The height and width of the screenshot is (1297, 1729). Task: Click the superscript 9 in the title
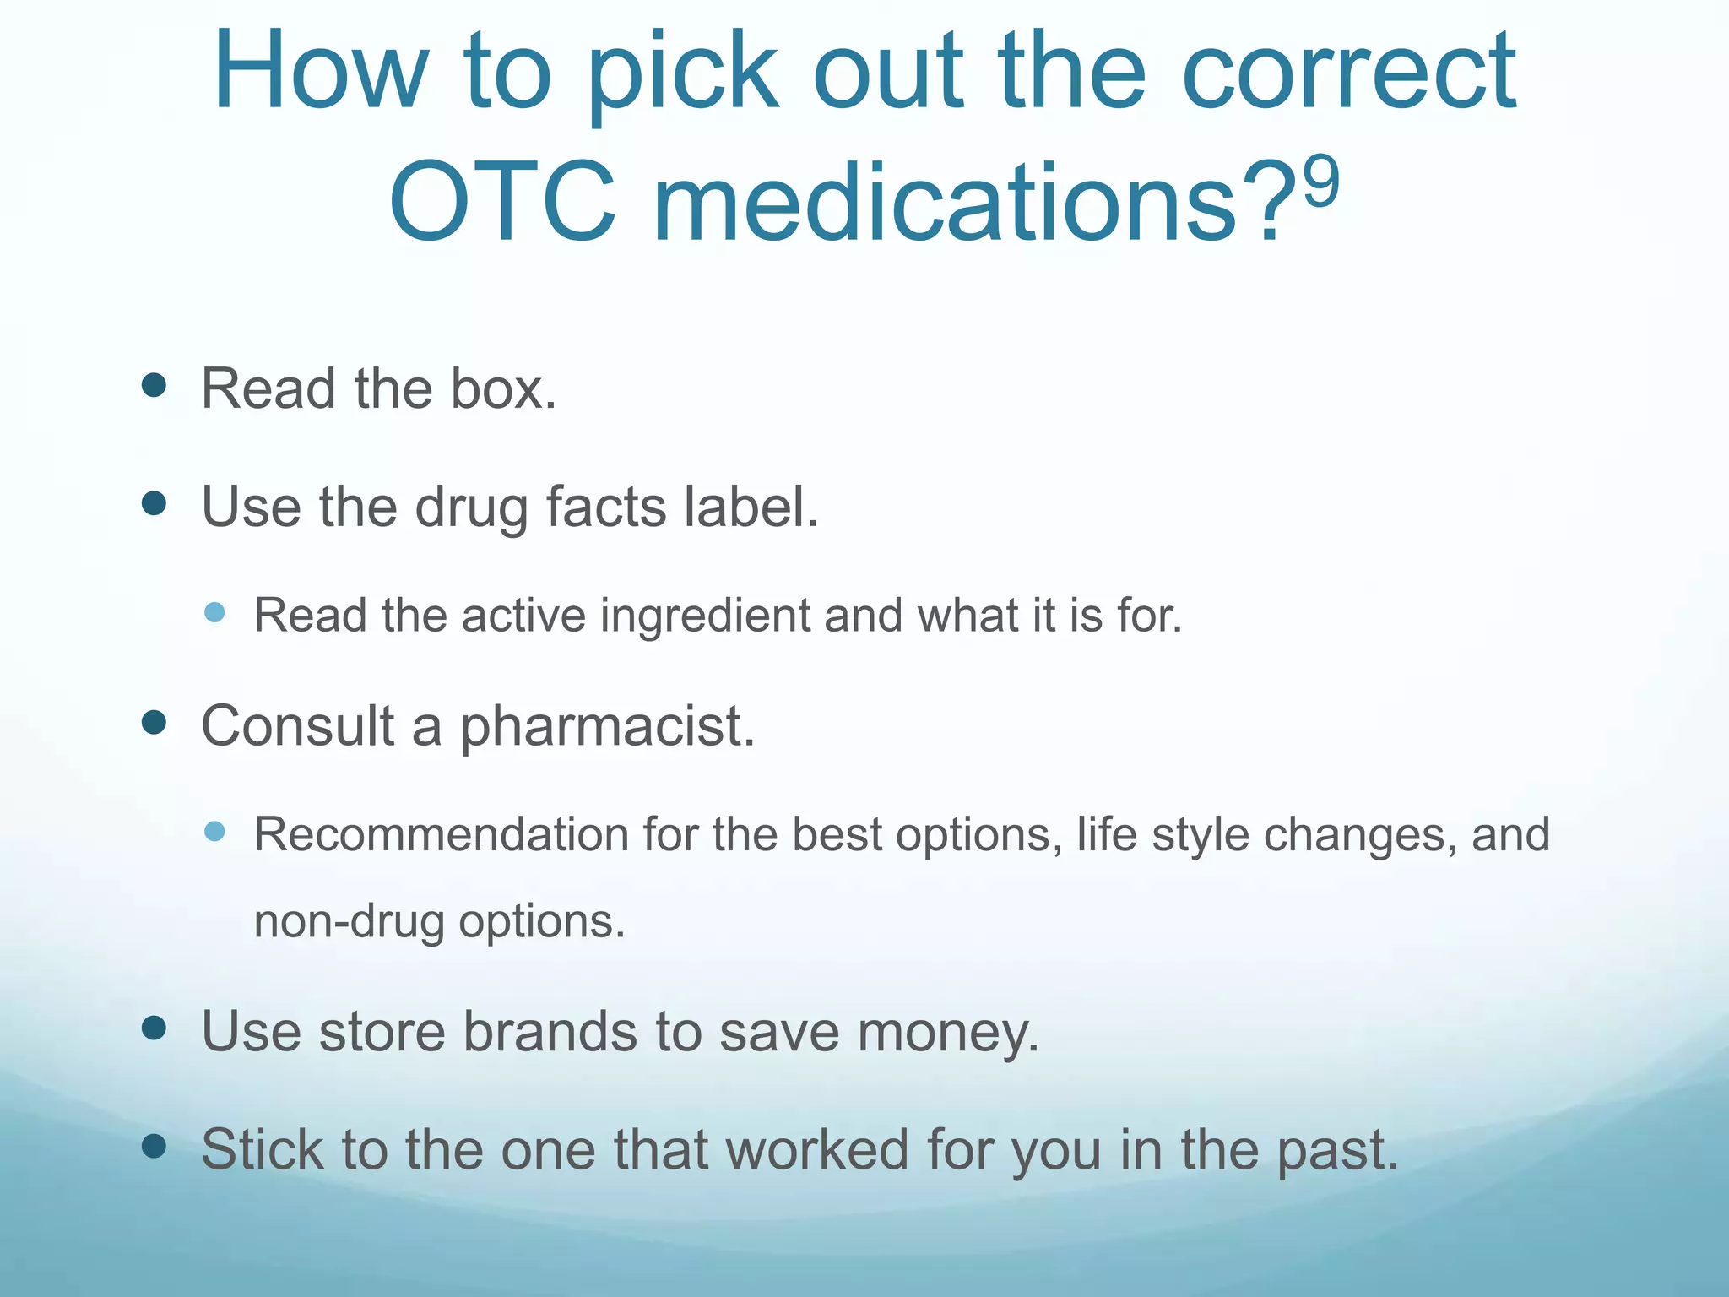pos(1321,180)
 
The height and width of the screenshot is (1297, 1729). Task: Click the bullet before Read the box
pos(154,386)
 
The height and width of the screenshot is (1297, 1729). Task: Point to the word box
pos(503,389)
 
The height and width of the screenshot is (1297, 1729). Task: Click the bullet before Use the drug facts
pos(154,504)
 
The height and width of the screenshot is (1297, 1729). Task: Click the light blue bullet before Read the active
pos(214,612)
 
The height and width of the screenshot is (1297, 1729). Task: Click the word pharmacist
pos(607,727)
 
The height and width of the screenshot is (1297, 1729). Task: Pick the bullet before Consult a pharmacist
pos(154,723)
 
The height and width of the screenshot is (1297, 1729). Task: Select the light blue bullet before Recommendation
pos(214,831)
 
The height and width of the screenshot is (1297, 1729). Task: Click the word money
pos(947,1032)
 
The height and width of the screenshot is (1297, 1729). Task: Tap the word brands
pos(550,1032)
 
